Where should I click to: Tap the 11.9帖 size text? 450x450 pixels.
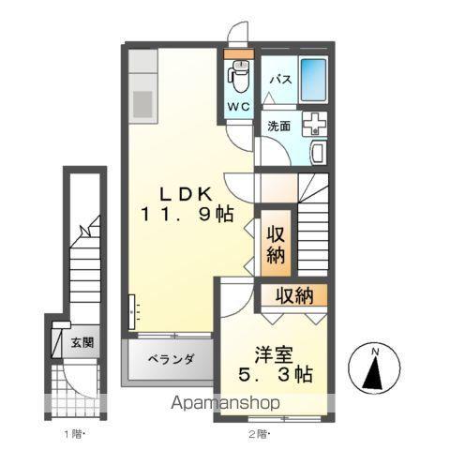[x=188, y=214]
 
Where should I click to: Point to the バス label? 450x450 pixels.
[x=278, y=81]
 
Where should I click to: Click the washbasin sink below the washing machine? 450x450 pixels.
[x=316, y=151]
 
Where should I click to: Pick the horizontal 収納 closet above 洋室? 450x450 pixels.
[x=294, y=296]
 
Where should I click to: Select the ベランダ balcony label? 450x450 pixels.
[x=171, y=359]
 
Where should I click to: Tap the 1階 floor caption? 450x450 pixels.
[x=73, y=433]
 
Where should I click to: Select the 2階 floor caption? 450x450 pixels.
[x=258, y=433]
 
